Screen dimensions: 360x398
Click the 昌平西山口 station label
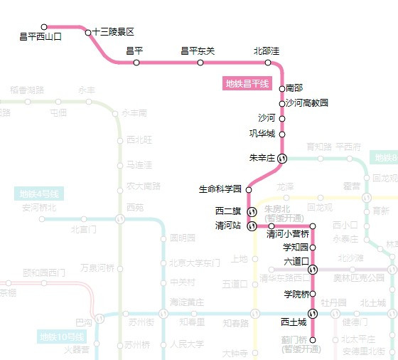41,36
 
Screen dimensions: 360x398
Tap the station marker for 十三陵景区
88,32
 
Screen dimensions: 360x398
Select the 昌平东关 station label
198,51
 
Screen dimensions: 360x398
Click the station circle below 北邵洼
268,63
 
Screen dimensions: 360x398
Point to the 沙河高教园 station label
307,102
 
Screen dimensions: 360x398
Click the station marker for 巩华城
282,134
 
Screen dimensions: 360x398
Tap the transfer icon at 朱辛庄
282,158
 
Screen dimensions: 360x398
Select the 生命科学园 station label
220,189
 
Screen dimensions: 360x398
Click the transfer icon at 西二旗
251,211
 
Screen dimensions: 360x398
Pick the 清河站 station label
228,226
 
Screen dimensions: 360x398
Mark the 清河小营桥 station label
288,234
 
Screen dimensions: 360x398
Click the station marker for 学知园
313,247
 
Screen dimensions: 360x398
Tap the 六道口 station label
294,261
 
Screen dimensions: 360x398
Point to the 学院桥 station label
296,294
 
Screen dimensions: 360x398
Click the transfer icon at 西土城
313,314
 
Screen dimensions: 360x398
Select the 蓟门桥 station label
294,341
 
